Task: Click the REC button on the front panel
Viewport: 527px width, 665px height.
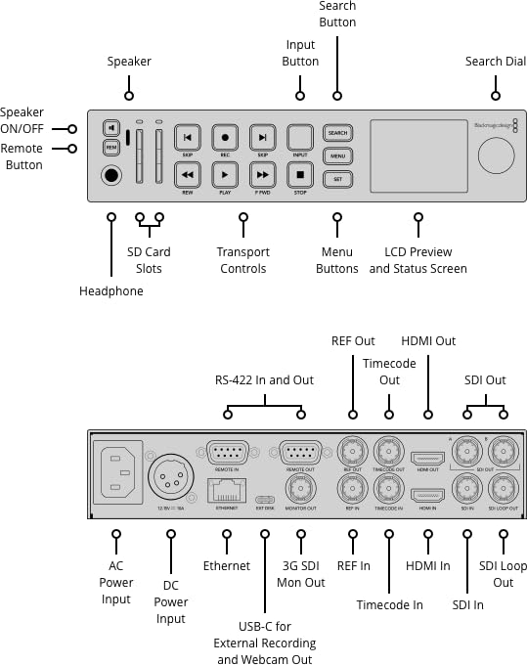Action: [x=225, y=138]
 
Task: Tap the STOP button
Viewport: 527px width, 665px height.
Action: [x=300, y=175]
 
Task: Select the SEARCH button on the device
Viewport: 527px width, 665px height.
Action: [x=337, y=133]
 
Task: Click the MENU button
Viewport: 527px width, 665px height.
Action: [x=337, y=155]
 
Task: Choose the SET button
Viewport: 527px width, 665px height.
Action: [x=337, y=179]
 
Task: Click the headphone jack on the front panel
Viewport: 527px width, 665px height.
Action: [x=111, y=176]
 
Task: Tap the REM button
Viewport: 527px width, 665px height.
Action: [x=111, y=148]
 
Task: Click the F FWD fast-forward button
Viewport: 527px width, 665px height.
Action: [x=262, y=175]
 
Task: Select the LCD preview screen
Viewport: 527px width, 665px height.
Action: [x=417, y=155]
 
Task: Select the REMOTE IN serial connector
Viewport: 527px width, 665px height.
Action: [x=227, y=453]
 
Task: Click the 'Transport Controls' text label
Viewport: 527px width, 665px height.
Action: [x=242, y=260]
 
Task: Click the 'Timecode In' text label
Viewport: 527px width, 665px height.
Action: [x=389, y=605]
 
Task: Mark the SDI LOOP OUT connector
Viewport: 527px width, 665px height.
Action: [x=504, y=490]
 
